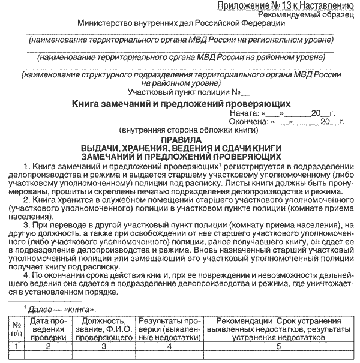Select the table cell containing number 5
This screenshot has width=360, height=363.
[x=278, y=346]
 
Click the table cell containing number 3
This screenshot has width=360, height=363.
[x=104, y=346]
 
